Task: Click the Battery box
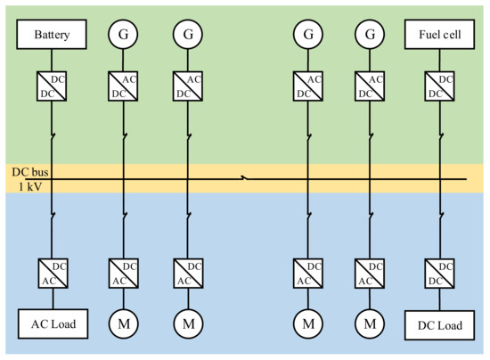(52, 36)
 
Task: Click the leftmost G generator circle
(123, 36)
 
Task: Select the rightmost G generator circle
(370, 36)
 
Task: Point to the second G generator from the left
(188, 36)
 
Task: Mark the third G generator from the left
(307, 36)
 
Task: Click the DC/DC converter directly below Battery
(52, 86)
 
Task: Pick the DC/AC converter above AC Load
(52, 272)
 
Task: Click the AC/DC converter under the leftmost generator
(123, 86)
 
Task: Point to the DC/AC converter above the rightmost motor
(370, 272)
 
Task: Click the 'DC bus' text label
(27, 171)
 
